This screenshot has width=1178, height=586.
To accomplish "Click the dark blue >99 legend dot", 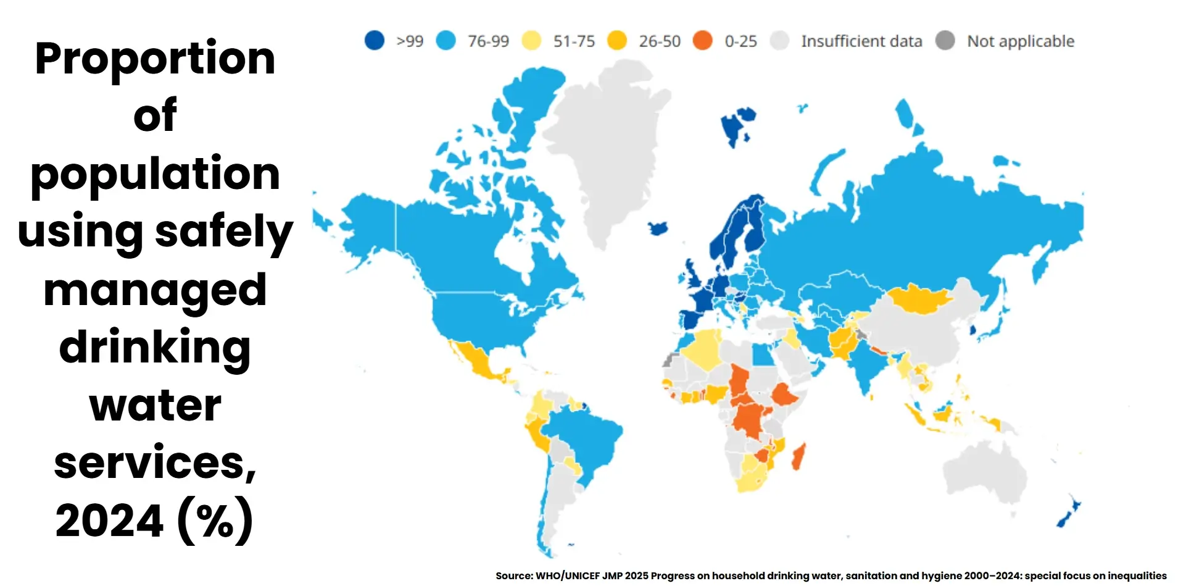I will coord(374,41).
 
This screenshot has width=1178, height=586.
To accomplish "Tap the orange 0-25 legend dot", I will coord(702,41).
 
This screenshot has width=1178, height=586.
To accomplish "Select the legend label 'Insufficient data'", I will coord(861,41).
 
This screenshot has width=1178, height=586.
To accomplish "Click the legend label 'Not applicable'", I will coord(1020,41).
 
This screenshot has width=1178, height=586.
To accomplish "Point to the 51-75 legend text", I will coord(574,41).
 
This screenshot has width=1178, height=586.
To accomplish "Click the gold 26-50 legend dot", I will coord(616,41).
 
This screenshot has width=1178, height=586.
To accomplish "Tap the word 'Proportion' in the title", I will coord(155,59).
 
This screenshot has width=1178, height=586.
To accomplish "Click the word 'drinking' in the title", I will coord(155,348).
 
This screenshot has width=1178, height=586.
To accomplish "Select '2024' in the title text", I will coord(110,521).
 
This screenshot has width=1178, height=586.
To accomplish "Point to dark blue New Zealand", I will coord(1068,513).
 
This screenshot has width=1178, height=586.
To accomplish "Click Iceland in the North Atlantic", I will coord(658,228).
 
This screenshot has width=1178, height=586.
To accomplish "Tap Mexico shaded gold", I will coord(478,361).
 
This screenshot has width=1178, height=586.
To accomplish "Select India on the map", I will coord(867,364).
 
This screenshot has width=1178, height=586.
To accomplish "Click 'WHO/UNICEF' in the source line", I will coord(568,576).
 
